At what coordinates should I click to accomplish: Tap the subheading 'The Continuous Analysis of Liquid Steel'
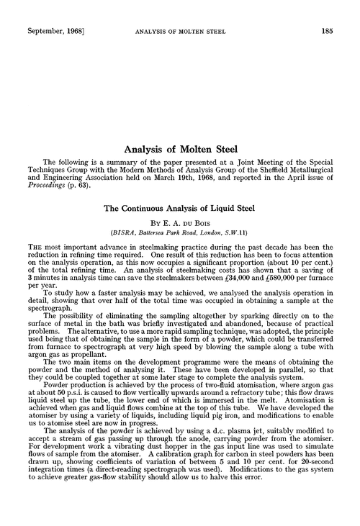coord(179,208)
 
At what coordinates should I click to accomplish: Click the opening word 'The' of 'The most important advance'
coord(30,249)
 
